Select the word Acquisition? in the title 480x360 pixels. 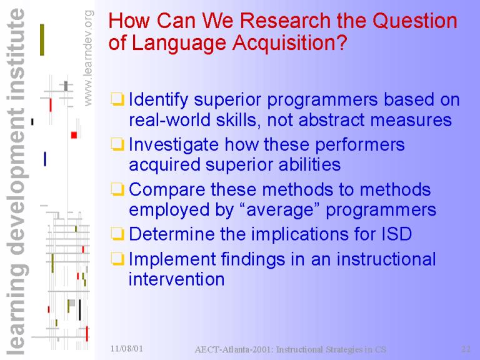click(289, 42)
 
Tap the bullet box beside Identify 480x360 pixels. click(117, 99)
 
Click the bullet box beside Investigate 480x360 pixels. click(117, 144)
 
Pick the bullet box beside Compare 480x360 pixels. click(117, 189)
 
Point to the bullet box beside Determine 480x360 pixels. click(117, 234)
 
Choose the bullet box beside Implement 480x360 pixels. click(117, 259)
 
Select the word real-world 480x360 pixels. click(169, 120)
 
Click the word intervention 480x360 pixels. click(176, 279)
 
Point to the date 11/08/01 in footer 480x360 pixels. click(127, 348)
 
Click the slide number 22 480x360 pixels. click(466, 349)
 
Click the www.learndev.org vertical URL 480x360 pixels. click(88, 58)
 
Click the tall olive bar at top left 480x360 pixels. click(42, 40)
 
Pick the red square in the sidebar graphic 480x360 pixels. click(74, 135)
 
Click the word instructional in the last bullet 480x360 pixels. click(386, 259)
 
